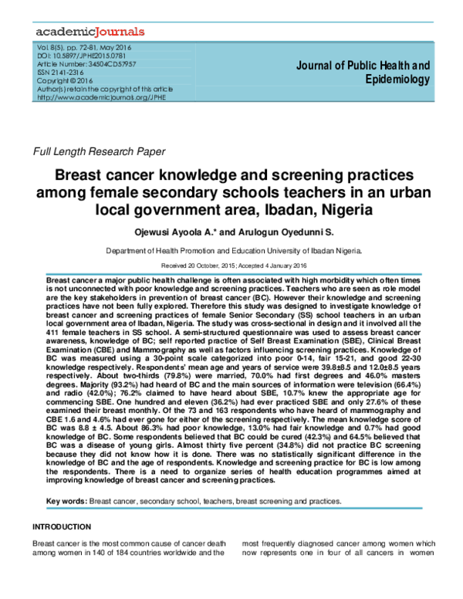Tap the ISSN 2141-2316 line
(x=62, y=73)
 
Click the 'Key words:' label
(x=66, y=502)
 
